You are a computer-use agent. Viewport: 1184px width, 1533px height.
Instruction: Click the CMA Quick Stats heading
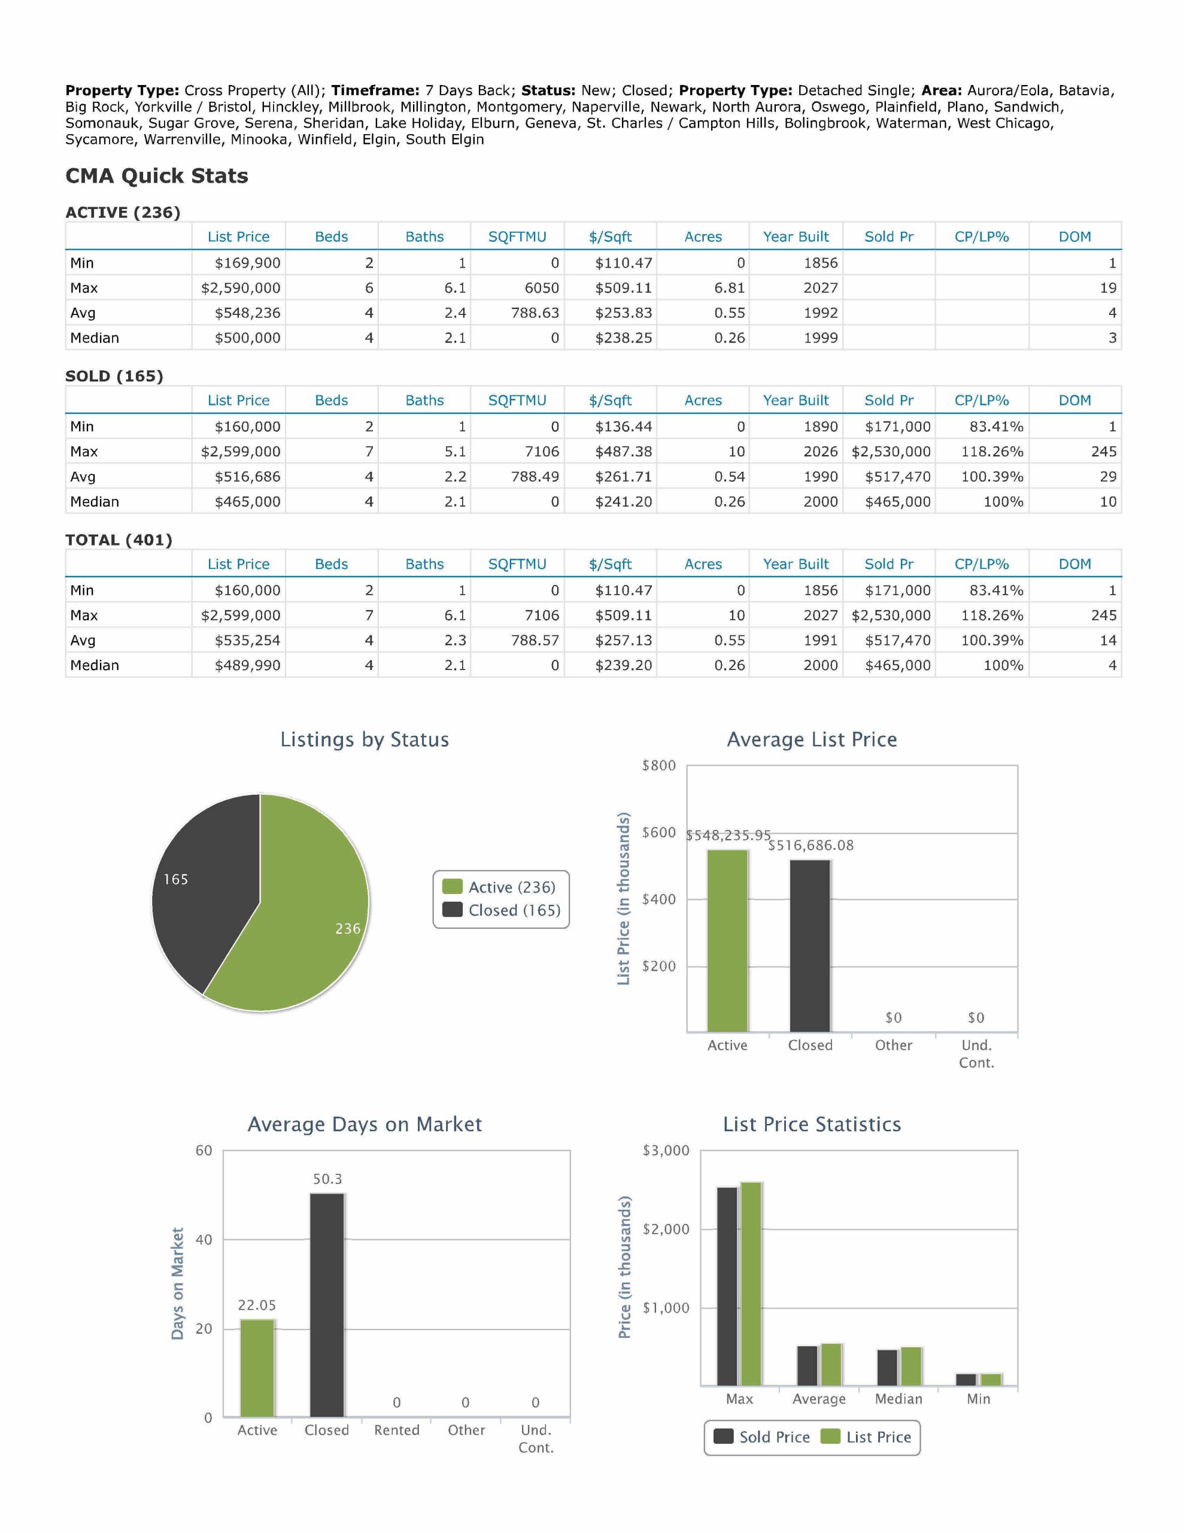pos(156,175)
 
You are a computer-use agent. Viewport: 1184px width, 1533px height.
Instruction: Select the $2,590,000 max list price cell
pos(240,288)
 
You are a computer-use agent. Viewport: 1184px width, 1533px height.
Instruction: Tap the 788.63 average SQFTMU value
pos(535,313)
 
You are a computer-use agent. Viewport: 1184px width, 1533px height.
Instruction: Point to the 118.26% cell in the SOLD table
pos(992,452)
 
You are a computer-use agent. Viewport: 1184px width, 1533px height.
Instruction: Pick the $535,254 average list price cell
pos(247,640)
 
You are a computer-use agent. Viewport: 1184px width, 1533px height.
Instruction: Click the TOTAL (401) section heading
pos(119,540)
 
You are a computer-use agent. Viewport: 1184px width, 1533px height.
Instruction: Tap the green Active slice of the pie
pos(309,913)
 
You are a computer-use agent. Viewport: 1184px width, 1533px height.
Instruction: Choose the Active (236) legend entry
pos(500,887)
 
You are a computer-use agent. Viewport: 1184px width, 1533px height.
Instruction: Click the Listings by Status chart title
pos(365,740)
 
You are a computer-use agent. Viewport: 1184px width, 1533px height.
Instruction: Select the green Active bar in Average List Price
pos(727,941)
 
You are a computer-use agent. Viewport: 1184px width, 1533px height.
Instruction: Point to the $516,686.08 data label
pos(810,845)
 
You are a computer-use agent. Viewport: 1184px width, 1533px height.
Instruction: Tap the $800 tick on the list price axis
pos(658,766)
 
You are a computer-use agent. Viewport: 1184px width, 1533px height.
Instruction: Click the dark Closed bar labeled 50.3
pos(327,1305)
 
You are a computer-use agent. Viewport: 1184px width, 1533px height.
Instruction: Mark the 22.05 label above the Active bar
pos(257,1305)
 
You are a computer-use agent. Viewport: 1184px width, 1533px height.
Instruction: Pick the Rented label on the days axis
pos(396,1430)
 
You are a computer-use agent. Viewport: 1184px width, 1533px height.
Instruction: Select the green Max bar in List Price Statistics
pos(751,1284)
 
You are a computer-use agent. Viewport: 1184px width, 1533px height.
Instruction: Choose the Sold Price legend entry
pos(762,1437)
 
